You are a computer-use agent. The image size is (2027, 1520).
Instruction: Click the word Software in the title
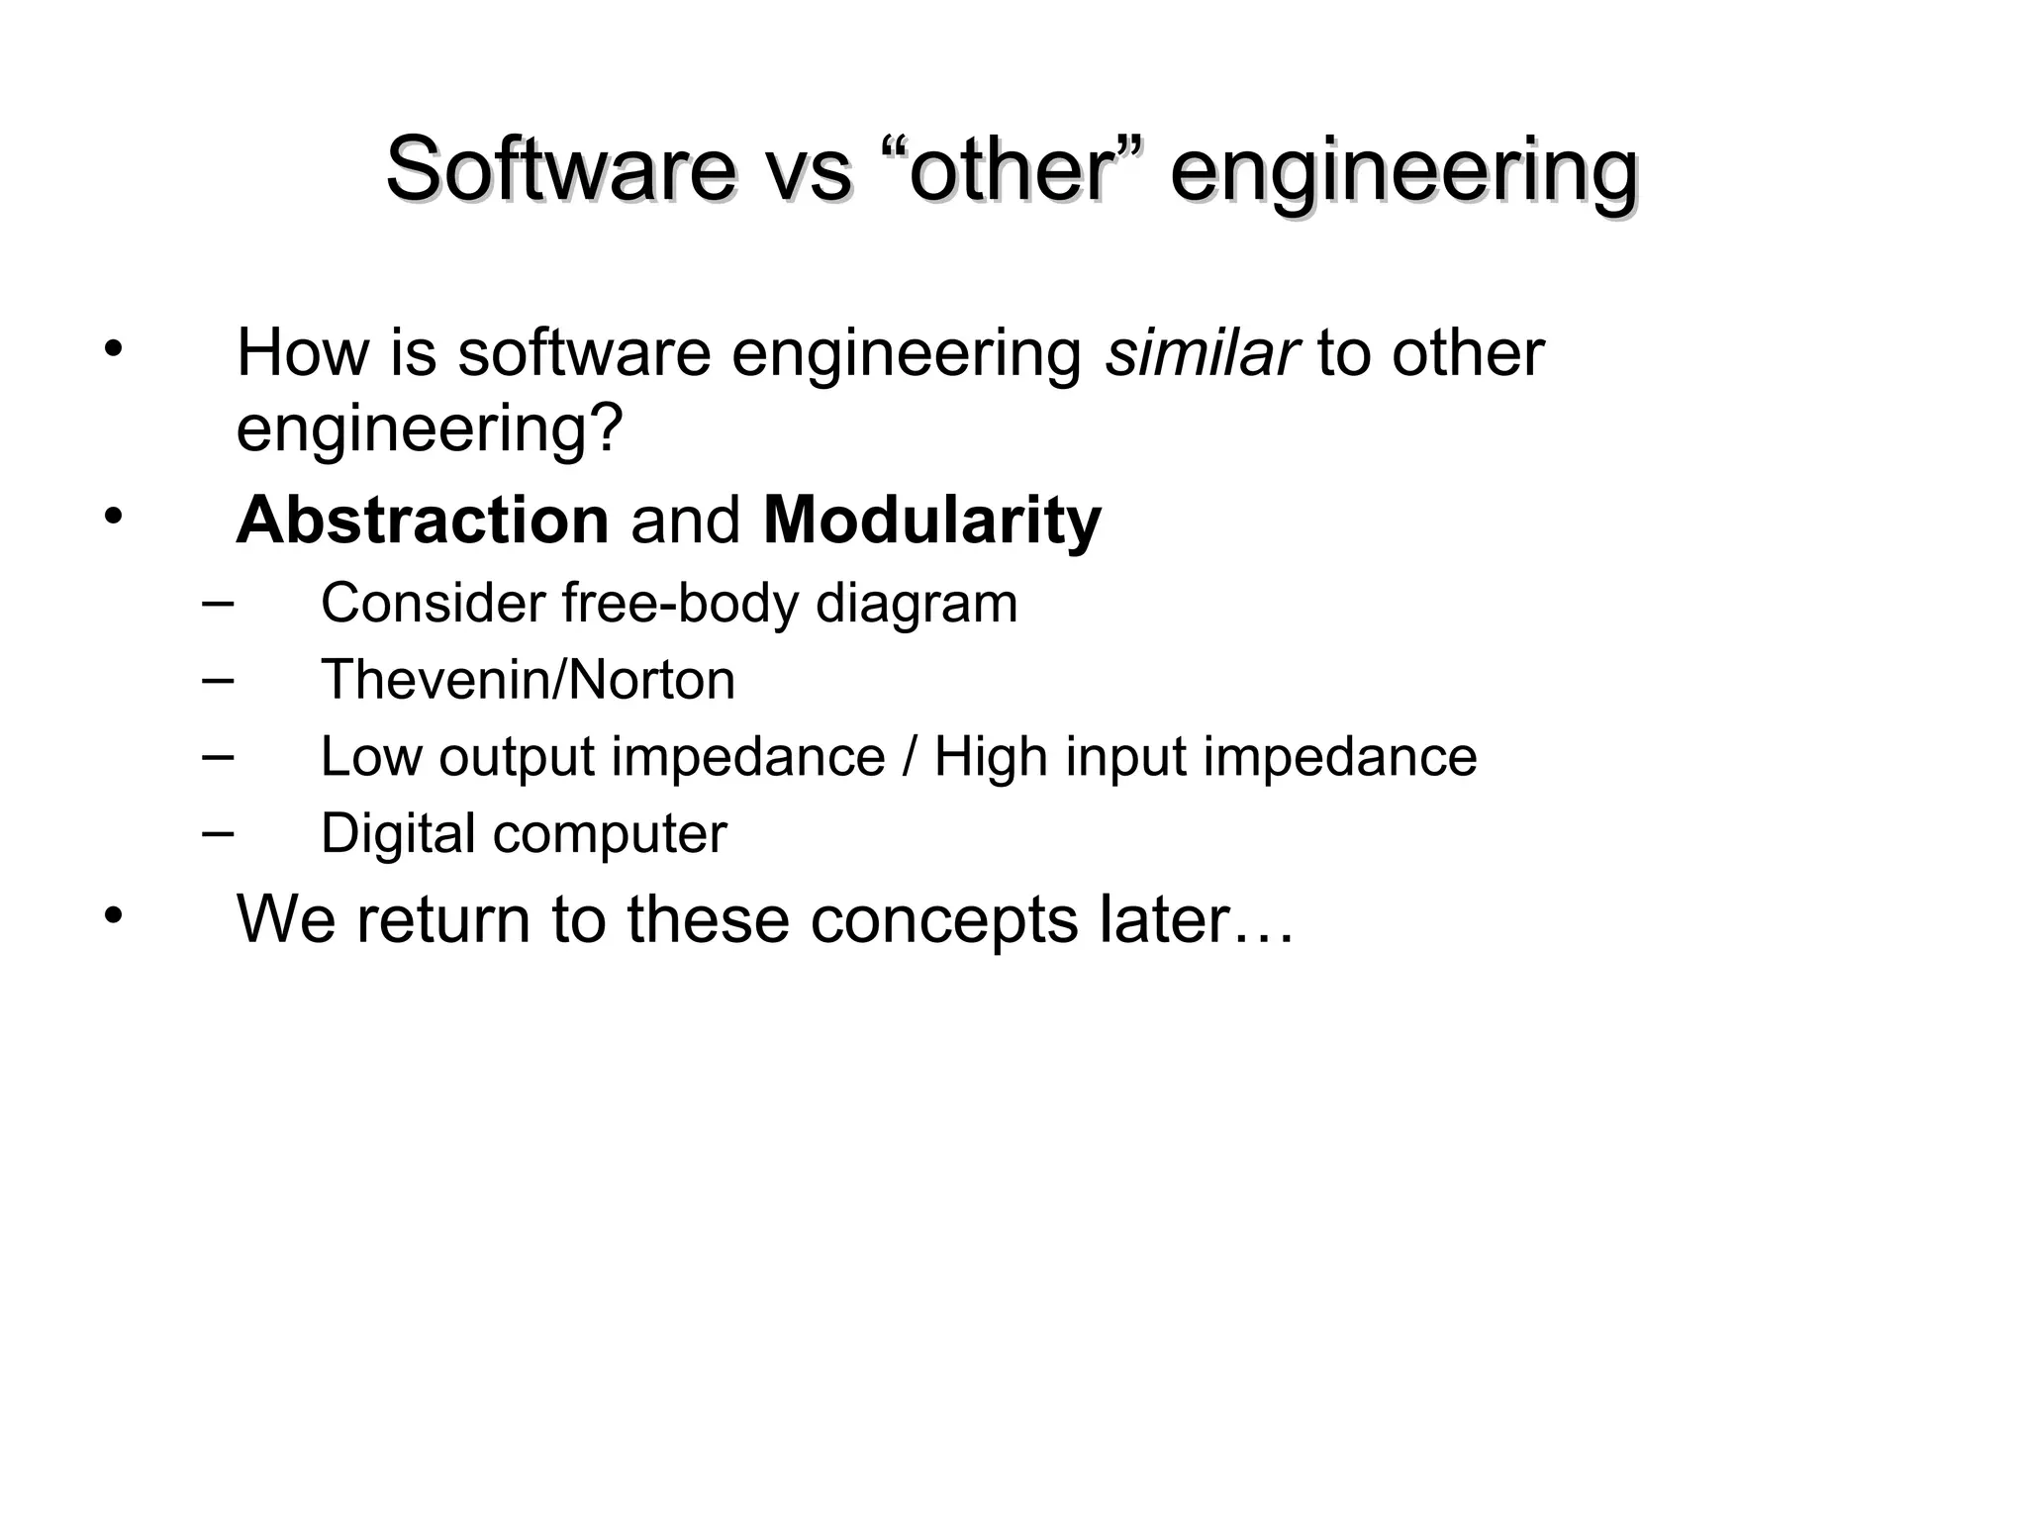click(x=560, y=169)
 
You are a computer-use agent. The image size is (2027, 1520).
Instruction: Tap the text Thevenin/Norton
click(x=528, y=680)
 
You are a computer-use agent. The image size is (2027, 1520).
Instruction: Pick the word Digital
click(x=398, y=833)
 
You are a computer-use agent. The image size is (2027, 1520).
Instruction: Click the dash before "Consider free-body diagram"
click(x=217, y=602)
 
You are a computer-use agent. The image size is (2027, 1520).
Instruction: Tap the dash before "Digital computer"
click(x=217, y=832)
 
